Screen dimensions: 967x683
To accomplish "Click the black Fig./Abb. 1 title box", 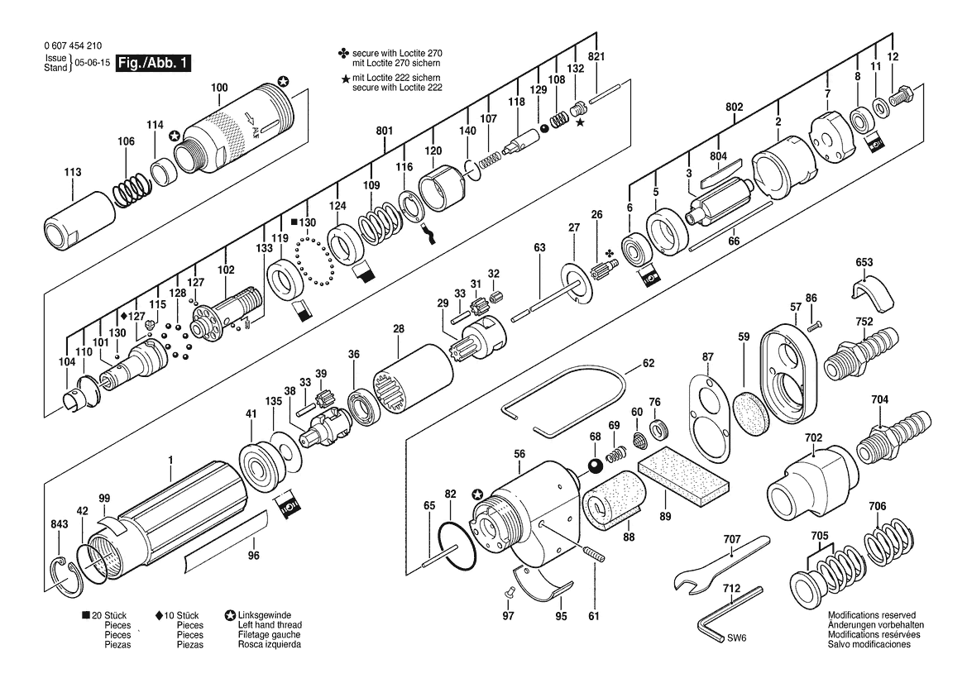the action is coord(154,63).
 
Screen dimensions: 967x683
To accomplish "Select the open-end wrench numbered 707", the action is coord(721,563).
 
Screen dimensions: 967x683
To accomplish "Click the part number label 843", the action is coord(60,524).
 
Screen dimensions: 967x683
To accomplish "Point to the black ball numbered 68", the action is coord(595,466).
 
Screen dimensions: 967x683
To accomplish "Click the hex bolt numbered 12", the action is coord(902,97).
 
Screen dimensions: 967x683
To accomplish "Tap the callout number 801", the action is coord(384,131).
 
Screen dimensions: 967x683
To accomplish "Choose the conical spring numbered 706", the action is coord(887,541).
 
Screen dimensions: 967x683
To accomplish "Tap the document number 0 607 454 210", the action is coord(74,45).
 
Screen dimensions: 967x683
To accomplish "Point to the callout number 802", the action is coord(734,107).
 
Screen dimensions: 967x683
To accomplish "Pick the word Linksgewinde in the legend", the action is coord(265,615).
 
